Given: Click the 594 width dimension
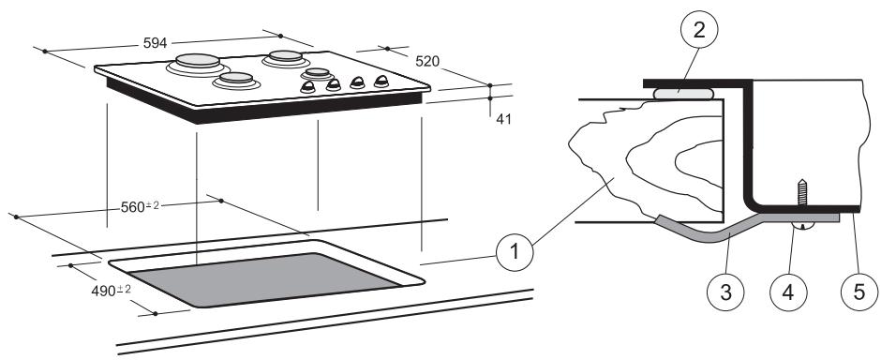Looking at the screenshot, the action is [155, 43].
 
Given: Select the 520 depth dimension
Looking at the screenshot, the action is [427, 61].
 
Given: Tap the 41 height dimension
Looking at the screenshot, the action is [503, 119].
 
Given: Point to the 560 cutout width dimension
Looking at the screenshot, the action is [140, 207].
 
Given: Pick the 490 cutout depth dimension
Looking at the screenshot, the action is [111, 291].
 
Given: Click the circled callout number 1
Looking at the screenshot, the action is [515, 251].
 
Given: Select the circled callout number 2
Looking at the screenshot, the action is [698, 30].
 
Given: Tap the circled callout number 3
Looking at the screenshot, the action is [726, 292].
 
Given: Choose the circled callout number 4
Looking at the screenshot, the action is [788, 292].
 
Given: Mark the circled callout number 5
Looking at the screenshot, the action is [859, 292].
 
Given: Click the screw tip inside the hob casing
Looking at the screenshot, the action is [802, 182].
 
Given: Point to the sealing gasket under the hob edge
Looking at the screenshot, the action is [684, 94].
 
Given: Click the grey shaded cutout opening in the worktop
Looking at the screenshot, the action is [264, 279].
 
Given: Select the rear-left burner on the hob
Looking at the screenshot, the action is [197, 65].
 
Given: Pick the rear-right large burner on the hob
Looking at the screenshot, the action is [286, 58].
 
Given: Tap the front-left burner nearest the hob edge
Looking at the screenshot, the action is [236, 81].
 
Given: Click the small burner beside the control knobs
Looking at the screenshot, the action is [318, 73].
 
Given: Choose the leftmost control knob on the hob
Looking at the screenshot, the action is [308, 86].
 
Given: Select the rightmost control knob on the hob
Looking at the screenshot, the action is [381, 82].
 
